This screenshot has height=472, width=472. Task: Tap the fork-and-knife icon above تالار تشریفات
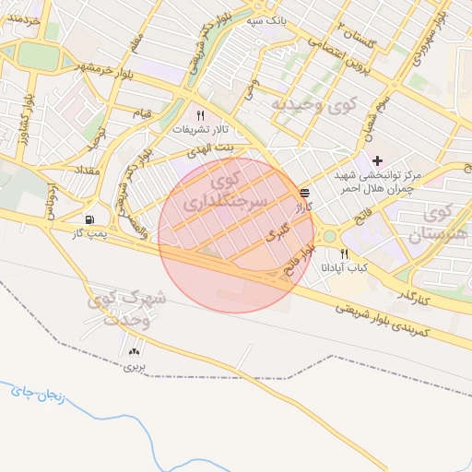(201, 116)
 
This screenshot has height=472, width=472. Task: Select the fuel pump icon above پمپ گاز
(89, 219)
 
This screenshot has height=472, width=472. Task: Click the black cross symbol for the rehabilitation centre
(376, 160)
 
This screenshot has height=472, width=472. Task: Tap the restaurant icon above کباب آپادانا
(345, 253)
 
